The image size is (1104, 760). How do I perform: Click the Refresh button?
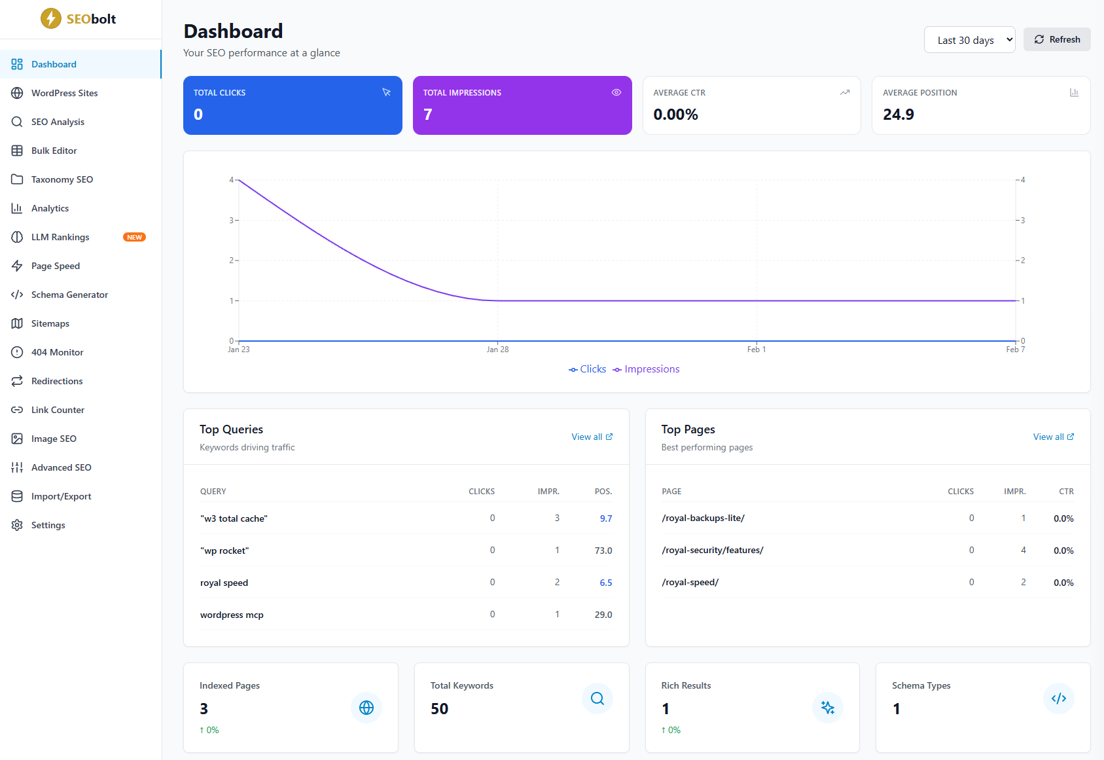point(1056,39)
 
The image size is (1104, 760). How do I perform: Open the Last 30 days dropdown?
point(969,40)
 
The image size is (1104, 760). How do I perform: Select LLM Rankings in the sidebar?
point(60,237)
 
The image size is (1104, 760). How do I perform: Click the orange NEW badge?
point(134,237)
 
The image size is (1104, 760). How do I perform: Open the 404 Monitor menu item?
point(57,352)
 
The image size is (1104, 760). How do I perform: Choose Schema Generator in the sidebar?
point(69,295)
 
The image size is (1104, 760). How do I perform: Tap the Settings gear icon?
point(17,525)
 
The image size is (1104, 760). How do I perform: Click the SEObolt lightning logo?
point(51,18)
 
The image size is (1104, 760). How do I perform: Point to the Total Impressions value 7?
point(428,115)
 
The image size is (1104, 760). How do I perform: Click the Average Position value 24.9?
point(898,115)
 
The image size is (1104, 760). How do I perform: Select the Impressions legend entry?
point(646,369)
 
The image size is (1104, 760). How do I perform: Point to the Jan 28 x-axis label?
point(497,350)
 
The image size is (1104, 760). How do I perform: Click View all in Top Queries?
point(592,437)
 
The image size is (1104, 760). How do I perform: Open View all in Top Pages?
point(1053,437)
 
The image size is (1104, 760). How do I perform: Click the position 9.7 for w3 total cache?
point(605,518)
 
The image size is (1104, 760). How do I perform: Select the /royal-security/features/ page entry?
point(712,551)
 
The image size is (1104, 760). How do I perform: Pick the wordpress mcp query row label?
point(232,615)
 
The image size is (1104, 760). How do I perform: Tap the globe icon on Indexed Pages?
point(366,708)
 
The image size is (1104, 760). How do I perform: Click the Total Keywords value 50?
point(439,709)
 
